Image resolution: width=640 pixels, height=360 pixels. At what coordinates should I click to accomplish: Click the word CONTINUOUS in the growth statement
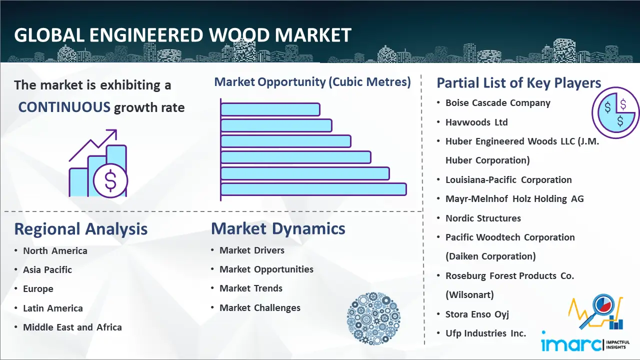pos(64,107)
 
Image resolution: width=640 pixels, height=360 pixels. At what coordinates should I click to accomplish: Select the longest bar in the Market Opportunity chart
pos(313,189)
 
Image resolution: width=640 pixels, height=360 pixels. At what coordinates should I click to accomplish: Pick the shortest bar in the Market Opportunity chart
pos(270,109)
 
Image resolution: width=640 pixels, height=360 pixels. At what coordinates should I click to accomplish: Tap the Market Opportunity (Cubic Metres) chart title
pos(312,82)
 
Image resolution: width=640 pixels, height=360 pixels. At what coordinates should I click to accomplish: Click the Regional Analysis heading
pos(81,229)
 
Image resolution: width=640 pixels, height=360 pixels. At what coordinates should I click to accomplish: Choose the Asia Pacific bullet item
pos(47,269)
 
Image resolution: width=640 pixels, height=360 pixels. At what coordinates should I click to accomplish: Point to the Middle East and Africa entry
pos(72,327)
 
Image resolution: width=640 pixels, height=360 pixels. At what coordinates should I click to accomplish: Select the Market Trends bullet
pos(251,288)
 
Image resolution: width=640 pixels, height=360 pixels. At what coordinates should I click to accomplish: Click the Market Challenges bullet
pos(260,307)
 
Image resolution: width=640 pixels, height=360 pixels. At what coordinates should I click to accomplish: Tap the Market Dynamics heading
pos(278,228)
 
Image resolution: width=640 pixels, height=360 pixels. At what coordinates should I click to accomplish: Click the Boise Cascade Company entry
pos(498,103)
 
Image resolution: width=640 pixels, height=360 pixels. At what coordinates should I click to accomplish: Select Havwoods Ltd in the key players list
pos(476,122)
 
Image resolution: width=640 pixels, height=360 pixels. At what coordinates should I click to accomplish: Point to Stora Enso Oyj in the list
pos(477,314)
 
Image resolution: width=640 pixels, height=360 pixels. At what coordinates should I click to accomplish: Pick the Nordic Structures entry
pos(483,218)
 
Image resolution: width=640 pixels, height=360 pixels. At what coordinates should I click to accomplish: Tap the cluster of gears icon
pos(373,318)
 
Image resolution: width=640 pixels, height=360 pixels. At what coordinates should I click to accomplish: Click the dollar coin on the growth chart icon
pos(110,181)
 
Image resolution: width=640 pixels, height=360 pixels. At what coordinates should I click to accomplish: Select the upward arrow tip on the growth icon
pos(116,130)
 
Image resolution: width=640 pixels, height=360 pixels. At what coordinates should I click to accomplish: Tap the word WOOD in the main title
pos(239,35)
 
